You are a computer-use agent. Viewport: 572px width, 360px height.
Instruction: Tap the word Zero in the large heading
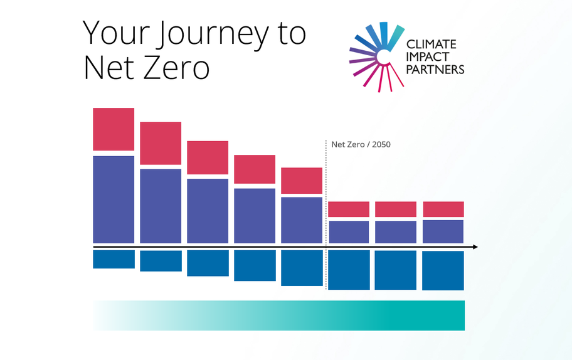(177, 68)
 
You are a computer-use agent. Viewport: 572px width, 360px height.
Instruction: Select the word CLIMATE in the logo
(431, 45)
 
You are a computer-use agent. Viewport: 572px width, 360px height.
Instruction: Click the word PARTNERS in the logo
(435, 69)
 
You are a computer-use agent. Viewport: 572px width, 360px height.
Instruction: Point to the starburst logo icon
(377, 56)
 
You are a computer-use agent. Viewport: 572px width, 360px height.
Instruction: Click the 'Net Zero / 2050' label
(361, 144)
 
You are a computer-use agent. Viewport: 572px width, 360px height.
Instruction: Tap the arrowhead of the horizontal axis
(475, 247)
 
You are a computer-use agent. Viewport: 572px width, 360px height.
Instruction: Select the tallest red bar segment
(114, 129)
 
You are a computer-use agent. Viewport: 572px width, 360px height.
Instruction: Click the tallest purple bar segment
(114, 199)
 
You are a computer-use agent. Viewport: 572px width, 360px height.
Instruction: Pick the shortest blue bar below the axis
(114, 259)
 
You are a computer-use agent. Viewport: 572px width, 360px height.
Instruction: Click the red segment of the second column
(161, 144)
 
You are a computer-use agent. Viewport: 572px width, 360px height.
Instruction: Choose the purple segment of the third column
(208, 211)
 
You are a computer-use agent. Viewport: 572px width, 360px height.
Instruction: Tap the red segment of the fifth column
(302, 181)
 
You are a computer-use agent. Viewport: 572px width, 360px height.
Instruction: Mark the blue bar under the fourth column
(255, 265)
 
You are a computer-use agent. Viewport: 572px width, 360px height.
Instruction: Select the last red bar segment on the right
(443, 209)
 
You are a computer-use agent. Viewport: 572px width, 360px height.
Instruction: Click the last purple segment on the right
(443, 231)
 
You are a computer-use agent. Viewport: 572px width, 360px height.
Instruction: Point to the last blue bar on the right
(443, 271)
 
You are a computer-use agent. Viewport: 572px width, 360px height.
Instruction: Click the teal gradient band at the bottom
(279, 315)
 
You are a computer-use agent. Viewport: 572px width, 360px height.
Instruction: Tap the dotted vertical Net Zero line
(326, 214)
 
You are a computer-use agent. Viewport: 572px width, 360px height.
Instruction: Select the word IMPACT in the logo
(428, 57)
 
